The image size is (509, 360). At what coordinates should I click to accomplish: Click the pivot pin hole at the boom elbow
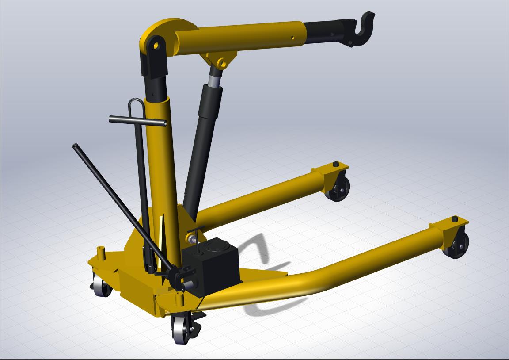click(x=155, y=45)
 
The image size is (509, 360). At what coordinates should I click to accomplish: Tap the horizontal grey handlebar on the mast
click(x=137, y=120)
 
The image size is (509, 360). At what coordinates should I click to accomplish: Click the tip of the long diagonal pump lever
click(x=76, y=146)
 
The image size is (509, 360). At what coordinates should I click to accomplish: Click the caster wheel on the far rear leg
click(x=339, y=189)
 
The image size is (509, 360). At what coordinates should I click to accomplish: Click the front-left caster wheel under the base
click(x=102, y=287)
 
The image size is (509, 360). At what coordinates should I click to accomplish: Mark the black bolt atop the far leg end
click(x=336, y=165)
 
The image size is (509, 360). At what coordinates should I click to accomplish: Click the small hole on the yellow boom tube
click(x=292, y=38)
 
